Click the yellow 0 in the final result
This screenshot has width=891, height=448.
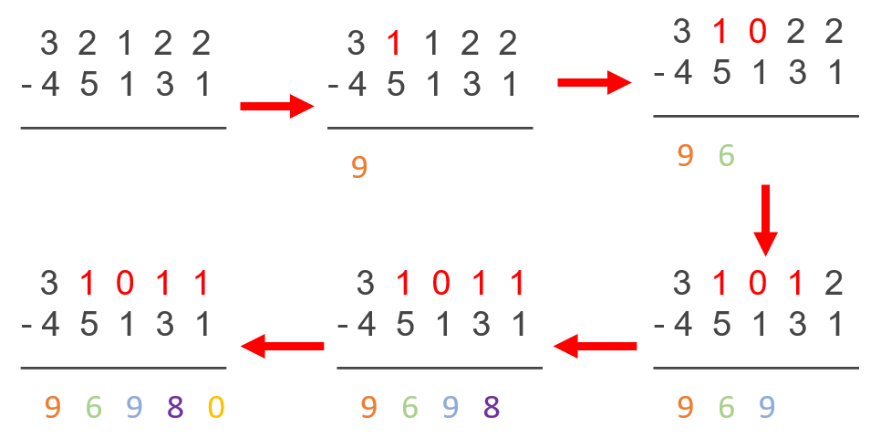click(215, 407)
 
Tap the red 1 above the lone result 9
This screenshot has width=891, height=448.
click(394, 42)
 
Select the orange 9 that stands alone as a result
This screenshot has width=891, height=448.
click(359, 167)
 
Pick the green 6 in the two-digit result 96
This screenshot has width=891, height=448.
click(726, 156)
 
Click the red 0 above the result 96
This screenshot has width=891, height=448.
click(757, 32)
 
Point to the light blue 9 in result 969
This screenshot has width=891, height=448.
click(767, 407)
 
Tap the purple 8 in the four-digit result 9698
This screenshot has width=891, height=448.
click(492, 407)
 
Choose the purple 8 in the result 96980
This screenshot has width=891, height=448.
click(175, 407)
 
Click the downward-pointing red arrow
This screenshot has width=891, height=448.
click(765, 220)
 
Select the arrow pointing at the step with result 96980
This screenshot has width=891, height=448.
click(282, 346)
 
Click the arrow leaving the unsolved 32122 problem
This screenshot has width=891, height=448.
click(276, 107)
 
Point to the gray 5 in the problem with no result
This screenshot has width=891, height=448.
click(88, 85)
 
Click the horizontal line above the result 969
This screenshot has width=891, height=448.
click(755, 368)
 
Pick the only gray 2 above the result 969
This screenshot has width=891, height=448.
click(832, 284)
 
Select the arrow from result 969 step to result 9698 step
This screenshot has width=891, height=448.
click(595, 346)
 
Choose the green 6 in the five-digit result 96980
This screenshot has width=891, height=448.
click(93, 407)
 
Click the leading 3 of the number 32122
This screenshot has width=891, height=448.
click(51, 42)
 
